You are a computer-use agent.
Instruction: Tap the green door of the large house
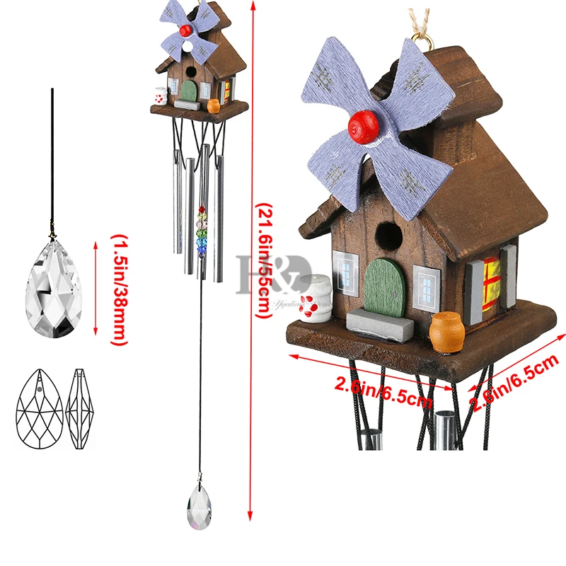[x=383, y=287]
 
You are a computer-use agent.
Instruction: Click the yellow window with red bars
[x=492, y=276]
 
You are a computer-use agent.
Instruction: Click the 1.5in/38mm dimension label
[x=117, y=290]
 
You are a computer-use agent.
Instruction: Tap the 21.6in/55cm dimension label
[x=262, y=262]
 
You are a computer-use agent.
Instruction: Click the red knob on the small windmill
[x=185, y=30]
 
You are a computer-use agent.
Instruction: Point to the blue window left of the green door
[x=347, y=272]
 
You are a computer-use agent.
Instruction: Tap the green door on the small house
[x=189, y=89]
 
